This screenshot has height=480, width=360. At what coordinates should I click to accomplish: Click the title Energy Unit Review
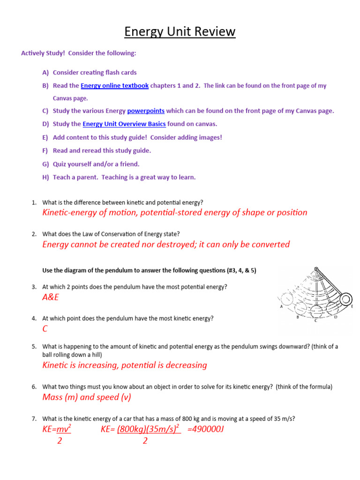point(180,32)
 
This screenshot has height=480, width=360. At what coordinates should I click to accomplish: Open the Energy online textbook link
point(114,86)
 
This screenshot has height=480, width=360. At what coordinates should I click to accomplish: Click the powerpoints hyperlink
point(146,111)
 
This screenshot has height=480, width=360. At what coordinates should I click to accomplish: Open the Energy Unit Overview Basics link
point(124,124)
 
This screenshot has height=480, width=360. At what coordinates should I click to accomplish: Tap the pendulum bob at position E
point(345,299)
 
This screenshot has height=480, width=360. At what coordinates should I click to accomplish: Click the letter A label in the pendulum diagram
point(281,307)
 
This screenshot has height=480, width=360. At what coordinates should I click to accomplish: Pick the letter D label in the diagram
point(335,317)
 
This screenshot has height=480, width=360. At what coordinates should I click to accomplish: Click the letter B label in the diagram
point(298,317)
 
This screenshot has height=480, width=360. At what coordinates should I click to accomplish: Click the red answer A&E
point(51,298)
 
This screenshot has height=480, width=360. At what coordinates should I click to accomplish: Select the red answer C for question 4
point(45,329)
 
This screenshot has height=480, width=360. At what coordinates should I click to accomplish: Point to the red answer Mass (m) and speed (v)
point(87,397)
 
